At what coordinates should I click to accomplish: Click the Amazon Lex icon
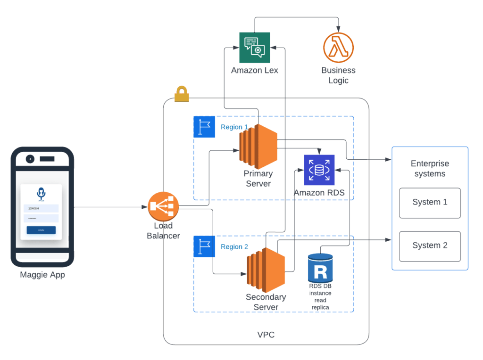click(255, 48)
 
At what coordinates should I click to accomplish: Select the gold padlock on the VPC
click(182, 94)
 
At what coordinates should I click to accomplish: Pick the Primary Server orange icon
click(258, 147)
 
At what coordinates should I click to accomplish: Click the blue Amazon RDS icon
click(319, 170)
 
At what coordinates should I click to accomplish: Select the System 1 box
click(430, 203)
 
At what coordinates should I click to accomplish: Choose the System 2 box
click(430, 246)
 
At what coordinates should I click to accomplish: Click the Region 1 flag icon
click(204, 127)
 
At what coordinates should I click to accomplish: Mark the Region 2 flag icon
click(204, 246)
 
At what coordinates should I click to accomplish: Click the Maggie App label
click(42, 275)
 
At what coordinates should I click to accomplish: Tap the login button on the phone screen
click(41, 230)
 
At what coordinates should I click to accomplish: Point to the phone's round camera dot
click(30, 159)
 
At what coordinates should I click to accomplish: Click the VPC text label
click(266, 335)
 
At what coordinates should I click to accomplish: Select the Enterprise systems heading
click(430, 169)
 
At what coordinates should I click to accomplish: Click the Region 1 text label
click(234, 127)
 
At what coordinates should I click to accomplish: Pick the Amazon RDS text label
click(319, 193)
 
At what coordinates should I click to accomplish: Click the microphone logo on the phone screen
click(41, 193)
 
